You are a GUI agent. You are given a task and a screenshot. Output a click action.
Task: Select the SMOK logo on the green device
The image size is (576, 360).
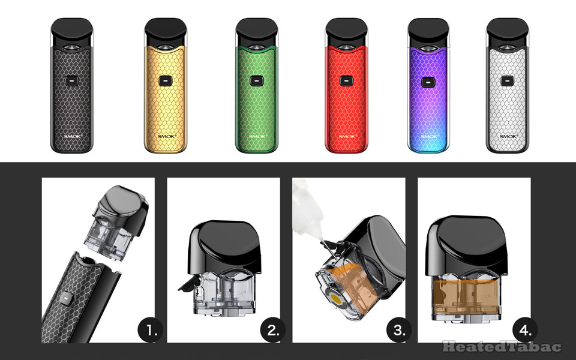253,136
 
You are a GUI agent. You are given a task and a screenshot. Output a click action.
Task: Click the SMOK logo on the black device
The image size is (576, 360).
71,136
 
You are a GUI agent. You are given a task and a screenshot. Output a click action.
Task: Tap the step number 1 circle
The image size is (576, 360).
150,329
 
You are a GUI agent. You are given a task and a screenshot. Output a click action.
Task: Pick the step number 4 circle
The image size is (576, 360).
526,329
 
